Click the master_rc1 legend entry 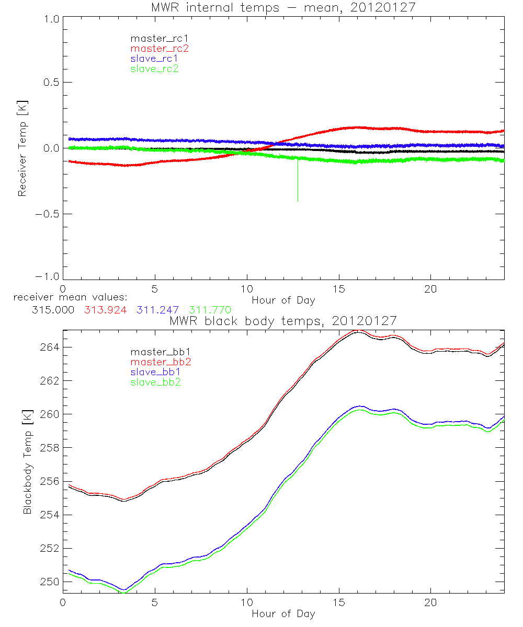154,39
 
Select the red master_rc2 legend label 160,49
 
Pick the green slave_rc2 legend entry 154,68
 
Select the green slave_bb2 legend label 156,382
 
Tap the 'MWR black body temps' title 283,320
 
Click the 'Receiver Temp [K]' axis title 22,148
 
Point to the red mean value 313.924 105,310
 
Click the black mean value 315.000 52,310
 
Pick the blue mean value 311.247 157,310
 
